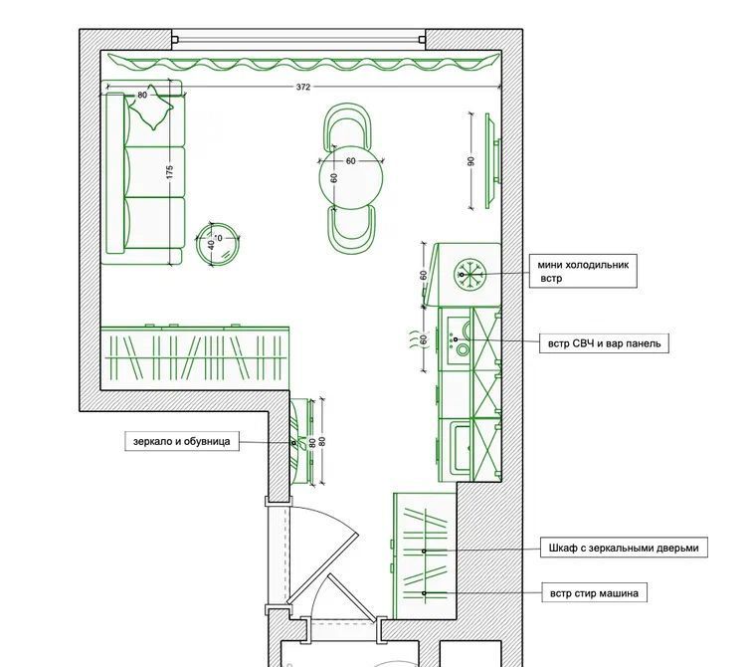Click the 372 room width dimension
point(303,87)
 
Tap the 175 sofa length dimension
point(169,172)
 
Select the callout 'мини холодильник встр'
point(583,272)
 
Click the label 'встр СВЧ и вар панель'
point(604,343)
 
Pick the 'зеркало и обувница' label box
point(181,441)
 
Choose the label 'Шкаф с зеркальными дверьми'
point(624,548)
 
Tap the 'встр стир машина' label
point(594,593)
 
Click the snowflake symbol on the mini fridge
point(469,275)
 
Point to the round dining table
point(351,178)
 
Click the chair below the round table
point(352,230)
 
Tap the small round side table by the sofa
point(218,244)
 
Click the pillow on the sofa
point(151,108)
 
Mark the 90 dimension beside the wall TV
point(470,161)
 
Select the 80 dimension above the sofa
point(142,95)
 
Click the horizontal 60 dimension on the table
point(350,161)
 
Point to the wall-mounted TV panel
point(492,161)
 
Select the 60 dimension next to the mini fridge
point(423,275)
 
